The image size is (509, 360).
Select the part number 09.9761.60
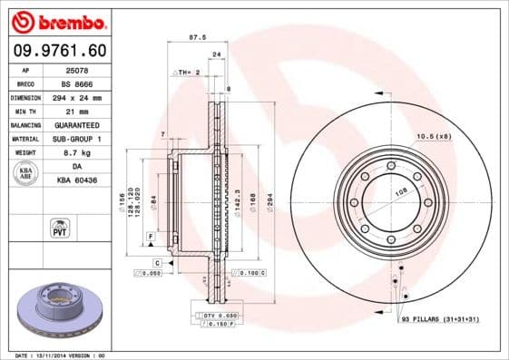point(58,49)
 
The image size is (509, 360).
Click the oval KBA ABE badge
point(27,174)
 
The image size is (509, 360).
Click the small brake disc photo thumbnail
point(57,308)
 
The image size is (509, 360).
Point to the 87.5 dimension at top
point(193,37)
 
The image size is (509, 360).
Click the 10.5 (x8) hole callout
point(433,136)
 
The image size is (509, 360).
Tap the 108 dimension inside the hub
point(375,192)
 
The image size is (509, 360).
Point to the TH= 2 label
point(186,71)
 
